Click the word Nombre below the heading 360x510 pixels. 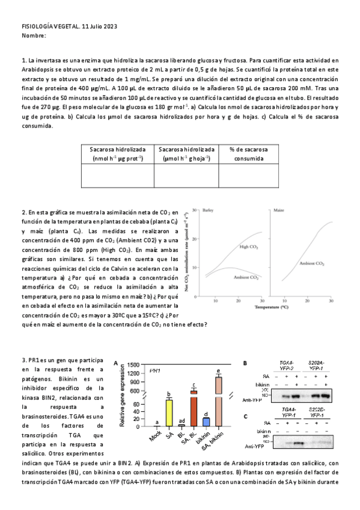click(x=33, y=35)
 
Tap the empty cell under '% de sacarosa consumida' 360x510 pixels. click(x=248, y=176)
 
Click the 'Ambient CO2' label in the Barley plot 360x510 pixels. click(x=246, y=278)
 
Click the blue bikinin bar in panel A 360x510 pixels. click(x=206, y=421)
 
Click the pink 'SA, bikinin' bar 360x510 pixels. click(x=219, y=402)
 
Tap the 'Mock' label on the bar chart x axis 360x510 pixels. click(x=156, y=435)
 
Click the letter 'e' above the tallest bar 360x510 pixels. click(x=219, y=370)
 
